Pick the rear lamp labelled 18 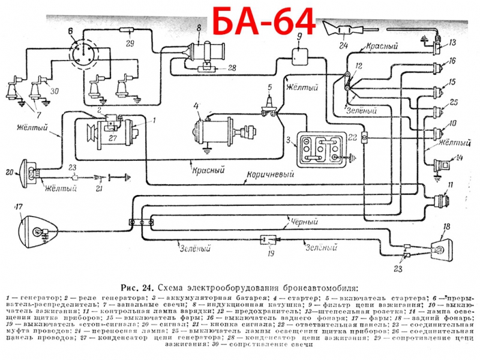[439, 247]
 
